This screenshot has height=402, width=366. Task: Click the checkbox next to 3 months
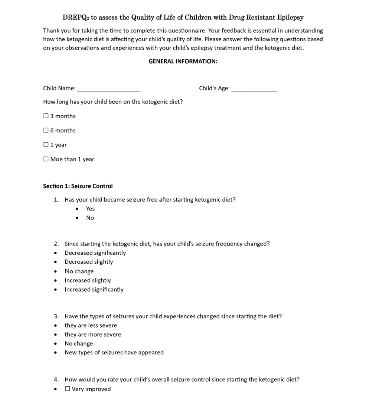(x=46, y=116)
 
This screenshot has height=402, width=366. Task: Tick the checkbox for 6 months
(x=46, y=131)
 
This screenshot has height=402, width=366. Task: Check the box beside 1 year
(x=46, y=145)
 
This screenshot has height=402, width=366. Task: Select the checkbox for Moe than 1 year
(x=46, y=159)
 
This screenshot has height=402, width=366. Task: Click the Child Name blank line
(x=108, y=89)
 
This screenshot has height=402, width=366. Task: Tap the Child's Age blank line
(x=254, y=89)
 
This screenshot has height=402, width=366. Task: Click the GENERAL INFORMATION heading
(x=183, y=61)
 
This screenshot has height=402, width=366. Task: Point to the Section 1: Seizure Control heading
(x=78, y=186)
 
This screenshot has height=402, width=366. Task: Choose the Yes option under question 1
(x=90, y=209)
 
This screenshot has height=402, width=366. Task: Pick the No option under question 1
(x=90, y=218)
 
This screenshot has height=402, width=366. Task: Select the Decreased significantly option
(x=95, y=253)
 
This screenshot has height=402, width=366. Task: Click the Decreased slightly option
(x=89, y=262)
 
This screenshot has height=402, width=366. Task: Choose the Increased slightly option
(x=88, y=280)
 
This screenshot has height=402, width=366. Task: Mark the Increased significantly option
(x=94, y=289)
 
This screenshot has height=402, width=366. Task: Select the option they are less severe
(x=91, y=325)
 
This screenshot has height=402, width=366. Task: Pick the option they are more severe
(x=93, y=334)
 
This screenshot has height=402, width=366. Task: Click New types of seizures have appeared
(x=114, y=352)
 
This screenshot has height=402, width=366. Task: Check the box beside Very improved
(x=67, y=389)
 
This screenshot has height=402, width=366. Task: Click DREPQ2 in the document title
(x=75, y=17)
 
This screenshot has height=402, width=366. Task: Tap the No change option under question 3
(x=79, y=344)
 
